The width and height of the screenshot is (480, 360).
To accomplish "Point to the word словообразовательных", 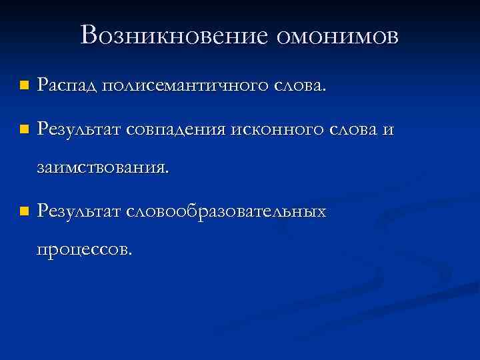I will [x=226, y=211].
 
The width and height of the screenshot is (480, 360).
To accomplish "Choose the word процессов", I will [x=83, y=251].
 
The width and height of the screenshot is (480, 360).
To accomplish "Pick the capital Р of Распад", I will [x=43, y=85].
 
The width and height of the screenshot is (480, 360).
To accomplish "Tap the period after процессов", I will [x=131, y=255].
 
